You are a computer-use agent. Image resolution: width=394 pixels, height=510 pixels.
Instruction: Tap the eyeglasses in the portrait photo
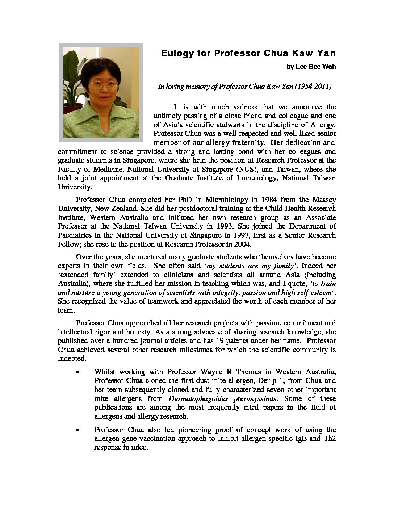point(104,85)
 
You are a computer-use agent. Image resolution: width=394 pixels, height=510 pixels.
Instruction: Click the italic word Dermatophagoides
point(196,399)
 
